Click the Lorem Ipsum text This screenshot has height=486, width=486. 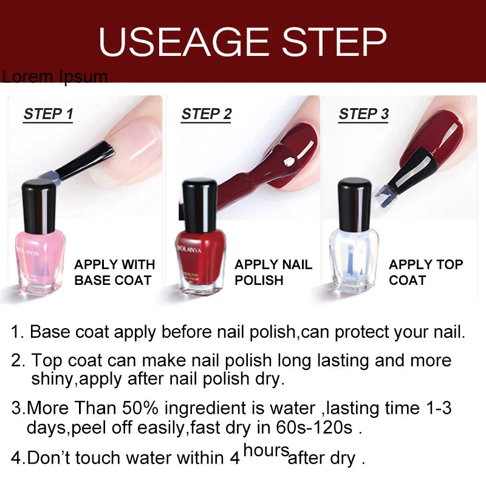point(55,77)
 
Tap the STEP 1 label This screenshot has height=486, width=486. point(48,114)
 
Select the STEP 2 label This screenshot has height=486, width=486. point(207,114)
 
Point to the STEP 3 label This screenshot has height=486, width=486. point(364,114)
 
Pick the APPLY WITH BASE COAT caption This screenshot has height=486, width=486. point(114,272)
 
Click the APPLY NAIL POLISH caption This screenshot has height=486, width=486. point(273,272)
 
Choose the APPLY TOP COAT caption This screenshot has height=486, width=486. point(425,272)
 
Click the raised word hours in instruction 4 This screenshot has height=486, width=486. point(265,450)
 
